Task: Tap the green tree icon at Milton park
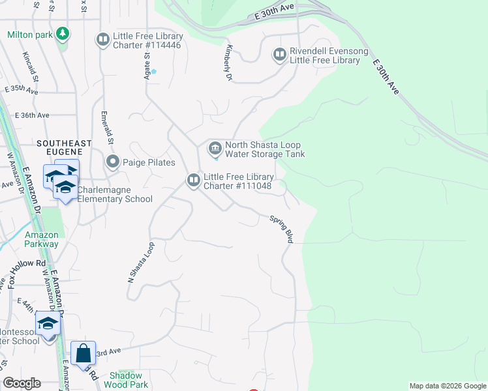coord(63,33)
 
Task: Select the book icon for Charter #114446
coord(102,40)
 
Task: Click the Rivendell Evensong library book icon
coord(280,55)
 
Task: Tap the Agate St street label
coord(147,66)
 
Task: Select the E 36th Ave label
coord(27,115)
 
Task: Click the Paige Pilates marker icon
coord(112,162)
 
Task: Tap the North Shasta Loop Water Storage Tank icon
coord(215,149)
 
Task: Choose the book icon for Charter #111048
coord(194,180)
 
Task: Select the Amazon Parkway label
coord(42,239)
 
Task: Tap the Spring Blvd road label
coord(282,229)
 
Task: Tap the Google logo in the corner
coord(22,383)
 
